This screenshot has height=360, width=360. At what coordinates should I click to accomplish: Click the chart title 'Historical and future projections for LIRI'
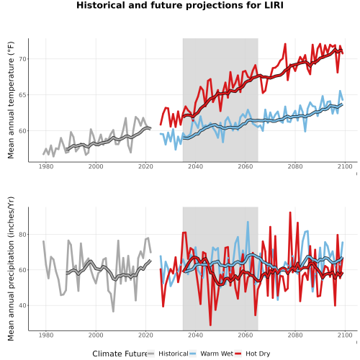(180, 5)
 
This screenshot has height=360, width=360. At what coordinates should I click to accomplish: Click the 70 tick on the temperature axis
(22, 59)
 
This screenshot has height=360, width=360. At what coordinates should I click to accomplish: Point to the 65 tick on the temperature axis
(22, 95)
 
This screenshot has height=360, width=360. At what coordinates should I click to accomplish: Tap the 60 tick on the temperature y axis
(22, 131)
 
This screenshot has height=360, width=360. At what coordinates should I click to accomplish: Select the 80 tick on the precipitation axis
(22, 235)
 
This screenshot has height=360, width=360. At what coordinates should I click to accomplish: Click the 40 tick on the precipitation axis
(22, 305)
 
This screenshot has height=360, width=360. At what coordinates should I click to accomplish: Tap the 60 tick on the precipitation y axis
(22, 270)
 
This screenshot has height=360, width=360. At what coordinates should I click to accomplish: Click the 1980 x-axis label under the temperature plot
(46, 166)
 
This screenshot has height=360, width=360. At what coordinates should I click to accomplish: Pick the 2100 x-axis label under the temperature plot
(345, 166)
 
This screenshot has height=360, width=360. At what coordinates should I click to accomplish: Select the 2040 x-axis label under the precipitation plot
(195, 335)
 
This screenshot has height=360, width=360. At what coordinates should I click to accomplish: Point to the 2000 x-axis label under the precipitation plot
(96, 335)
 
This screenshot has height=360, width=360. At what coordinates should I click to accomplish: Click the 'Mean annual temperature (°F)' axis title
(11, 100)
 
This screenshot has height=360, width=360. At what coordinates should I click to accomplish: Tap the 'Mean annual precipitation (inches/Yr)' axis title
(11, 269)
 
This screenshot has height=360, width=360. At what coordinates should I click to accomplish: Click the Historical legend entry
(168, 354)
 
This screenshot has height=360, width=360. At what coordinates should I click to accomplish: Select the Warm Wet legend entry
(211, 354)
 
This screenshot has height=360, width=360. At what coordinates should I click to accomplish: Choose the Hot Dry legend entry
(252, 354)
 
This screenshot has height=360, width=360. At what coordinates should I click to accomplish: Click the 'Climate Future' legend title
(120, 354)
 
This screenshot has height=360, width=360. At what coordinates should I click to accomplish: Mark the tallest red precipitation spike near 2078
(290, 212)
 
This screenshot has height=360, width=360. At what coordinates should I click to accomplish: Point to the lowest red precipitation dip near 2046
(210, 325)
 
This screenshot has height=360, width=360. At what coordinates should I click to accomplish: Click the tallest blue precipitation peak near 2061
(248, 222)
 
